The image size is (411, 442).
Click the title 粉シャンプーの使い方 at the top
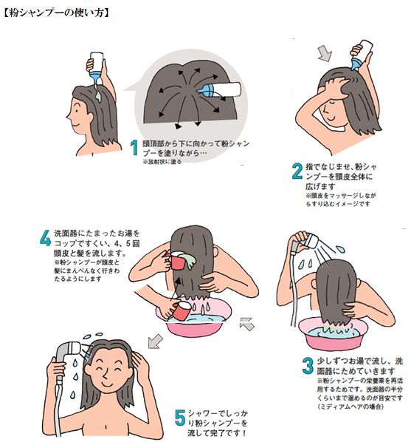(58, 13)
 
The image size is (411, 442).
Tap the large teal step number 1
(134, 148)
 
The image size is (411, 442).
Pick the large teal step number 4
(45, 239)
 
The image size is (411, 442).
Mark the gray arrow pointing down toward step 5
(154, 341)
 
